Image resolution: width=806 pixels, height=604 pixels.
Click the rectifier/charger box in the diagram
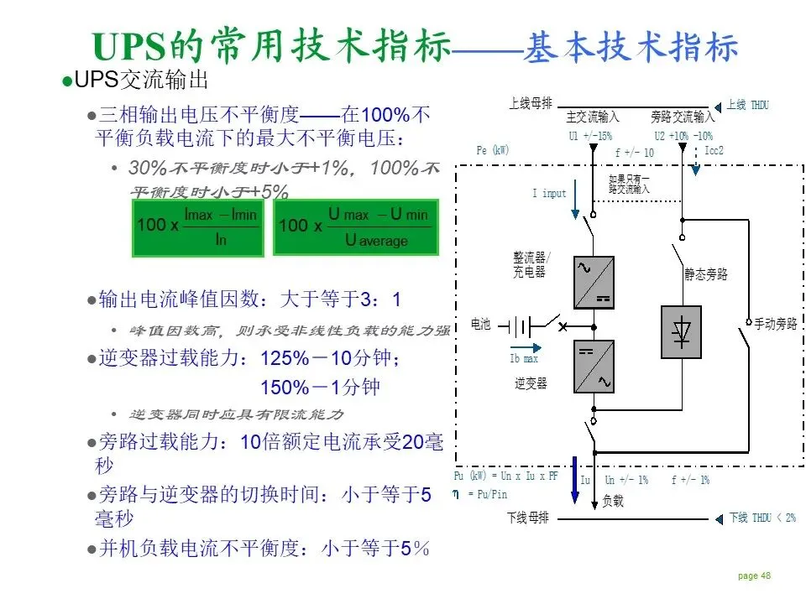coord(594,283)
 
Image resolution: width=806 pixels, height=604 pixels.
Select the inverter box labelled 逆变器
coord(594,367)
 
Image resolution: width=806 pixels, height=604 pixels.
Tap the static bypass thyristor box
coord(681,332)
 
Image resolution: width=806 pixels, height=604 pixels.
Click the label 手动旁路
coord(775,323)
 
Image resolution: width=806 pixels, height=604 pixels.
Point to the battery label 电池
coord(480,324)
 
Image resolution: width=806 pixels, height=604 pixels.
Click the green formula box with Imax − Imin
coord(198,226)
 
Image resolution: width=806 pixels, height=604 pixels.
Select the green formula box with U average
coord(355,226)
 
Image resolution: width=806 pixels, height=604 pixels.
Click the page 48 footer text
coord(753,575)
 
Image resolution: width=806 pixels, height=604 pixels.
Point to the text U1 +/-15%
coord(590,136)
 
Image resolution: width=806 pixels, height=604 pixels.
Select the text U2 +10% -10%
coord(683,136)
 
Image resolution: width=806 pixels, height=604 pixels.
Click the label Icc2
coord(714,151)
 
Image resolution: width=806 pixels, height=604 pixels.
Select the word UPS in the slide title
coord(128,47)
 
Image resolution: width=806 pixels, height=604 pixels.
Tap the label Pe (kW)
coord(492,150)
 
